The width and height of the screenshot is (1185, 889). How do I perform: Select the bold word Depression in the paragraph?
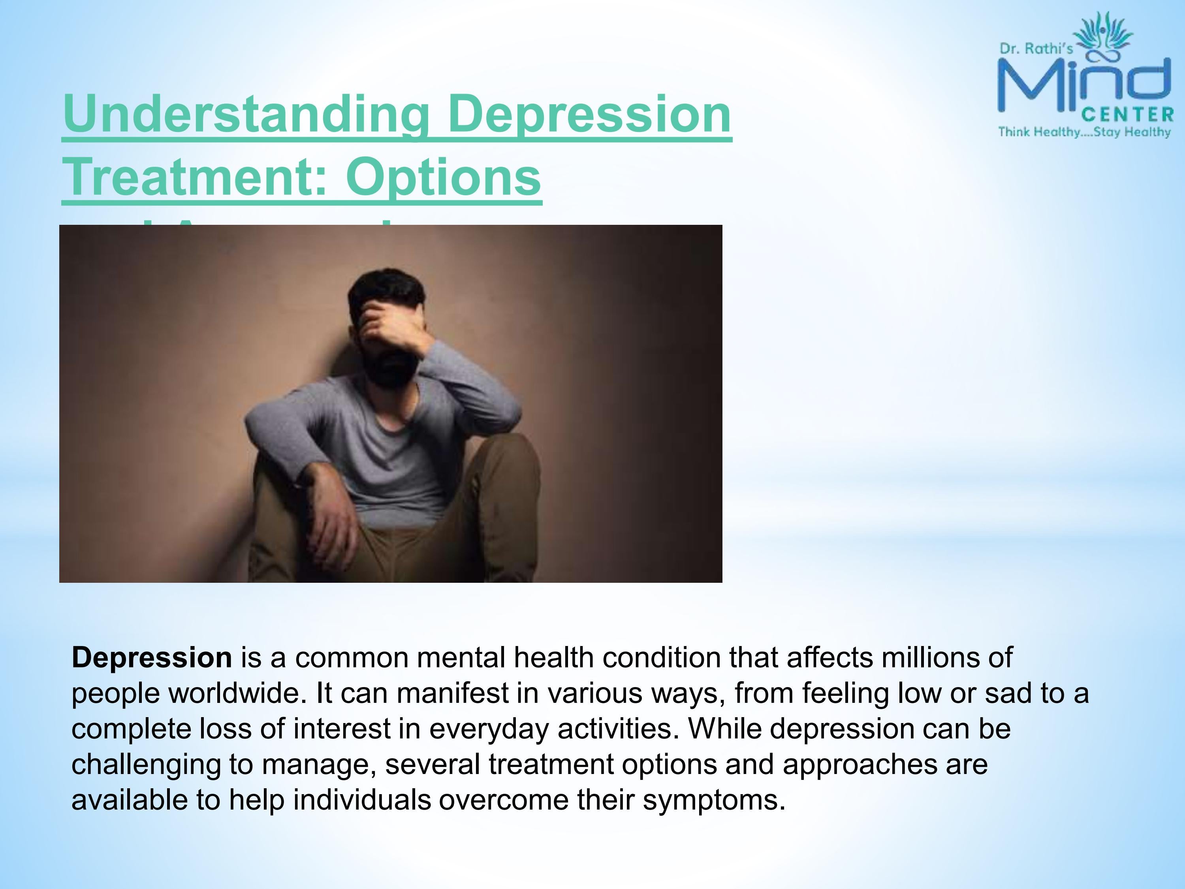pyautogui.click(x=152, y=657)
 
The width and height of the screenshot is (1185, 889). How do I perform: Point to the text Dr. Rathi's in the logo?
pyautogui.click(x=1036, y=49)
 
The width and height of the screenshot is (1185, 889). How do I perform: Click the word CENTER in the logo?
pyautogui.click(x=1127, y=115)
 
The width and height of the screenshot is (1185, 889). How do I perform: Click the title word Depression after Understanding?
pyautogui.click(x=592, y=114)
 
